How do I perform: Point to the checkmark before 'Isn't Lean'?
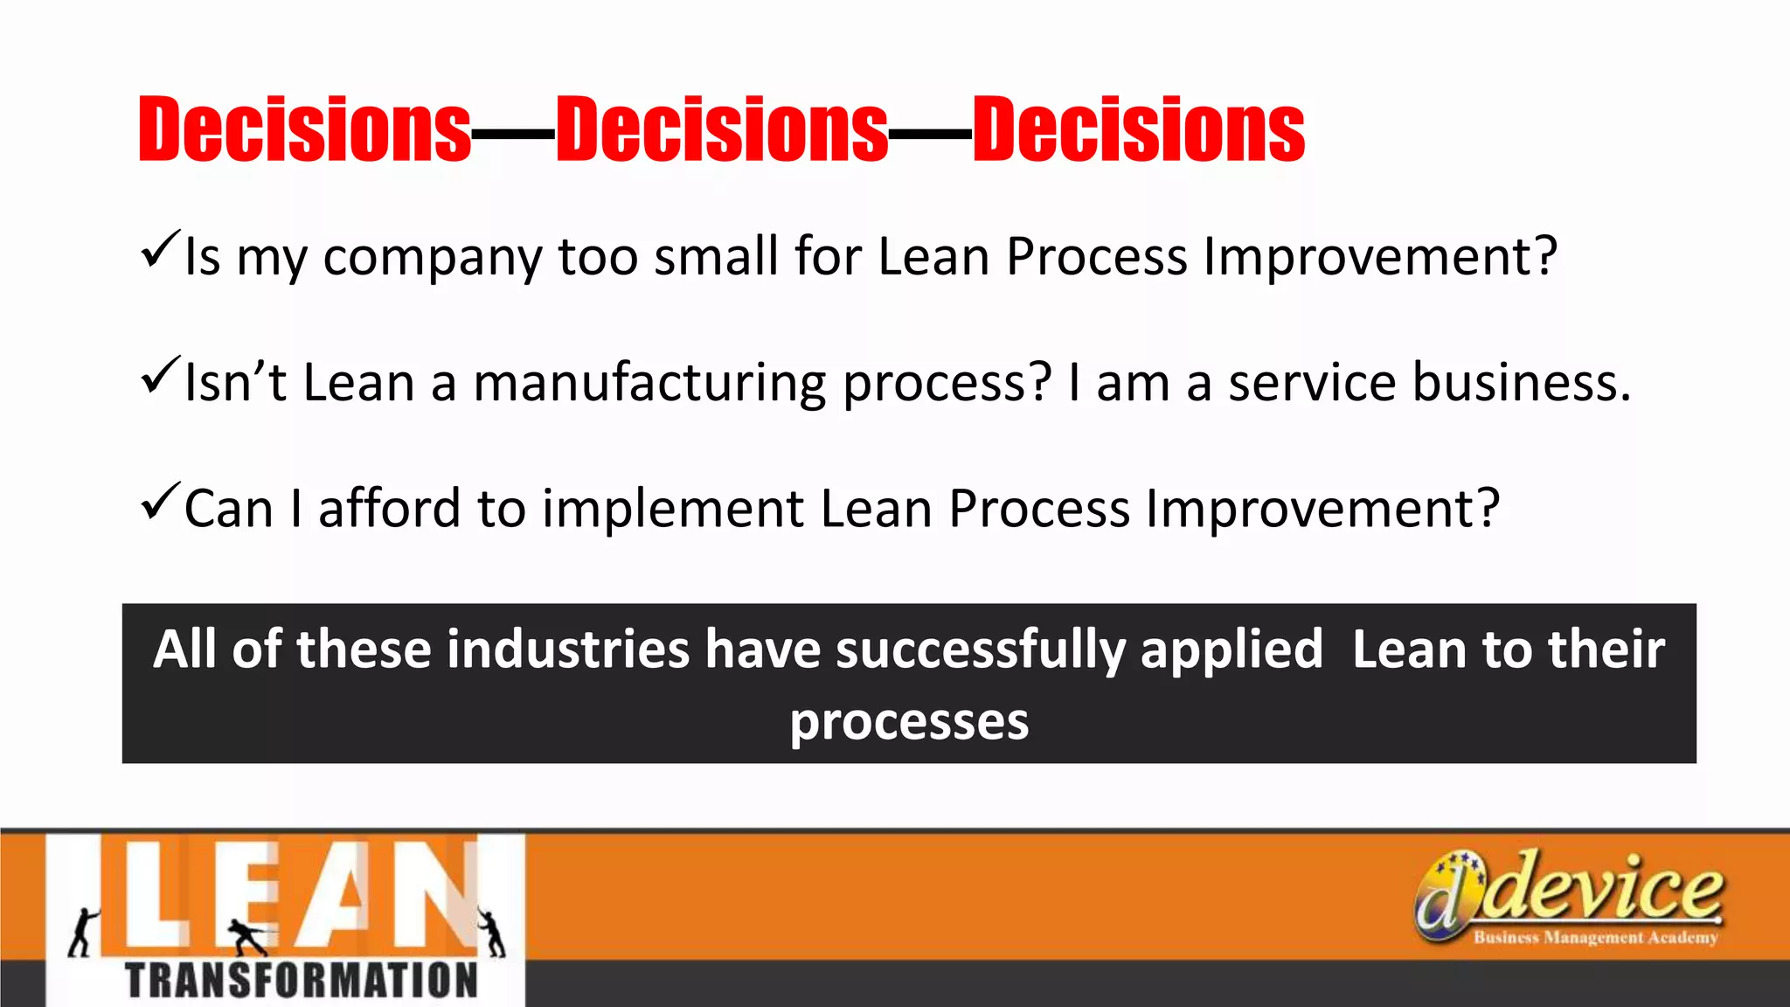pos(160,375)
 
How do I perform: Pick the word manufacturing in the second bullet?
pos(649,385)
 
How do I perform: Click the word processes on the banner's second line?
pos(909,722)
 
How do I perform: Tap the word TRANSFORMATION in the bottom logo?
pos(302,981)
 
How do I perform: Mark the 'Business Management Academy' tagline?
pos(1595,938)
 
